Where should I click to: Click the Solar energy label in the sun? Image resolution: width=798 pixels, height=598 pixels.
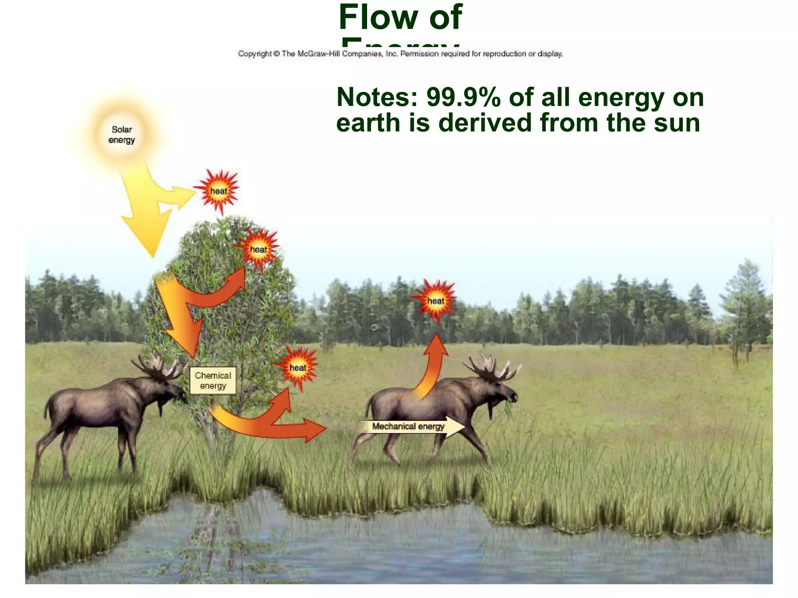pos(122,135)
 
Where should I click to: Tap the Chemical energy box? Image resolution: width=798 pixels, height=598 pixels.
pos(213,381)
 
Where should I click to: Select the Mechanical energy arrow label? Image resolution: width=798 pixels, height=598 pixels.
pos(408,426)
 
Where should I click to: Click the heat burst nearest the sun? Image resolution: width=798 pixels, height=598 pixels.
pos(218,191)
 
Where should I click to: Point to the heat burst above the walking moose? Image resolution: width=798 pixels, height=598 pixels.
pos(435,301)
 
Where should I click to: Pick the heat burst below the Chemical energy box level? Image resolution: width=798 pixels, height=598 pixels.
pos(297,368)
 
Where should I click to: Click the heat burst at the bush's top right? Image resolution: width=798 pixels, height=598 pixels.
pos(258,249)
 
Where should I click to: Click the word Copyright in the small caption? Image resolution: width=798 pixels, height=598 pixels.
pos(254,54)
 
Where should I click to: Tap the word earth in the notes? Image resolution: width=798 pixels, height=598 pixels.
pos(368,123)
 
